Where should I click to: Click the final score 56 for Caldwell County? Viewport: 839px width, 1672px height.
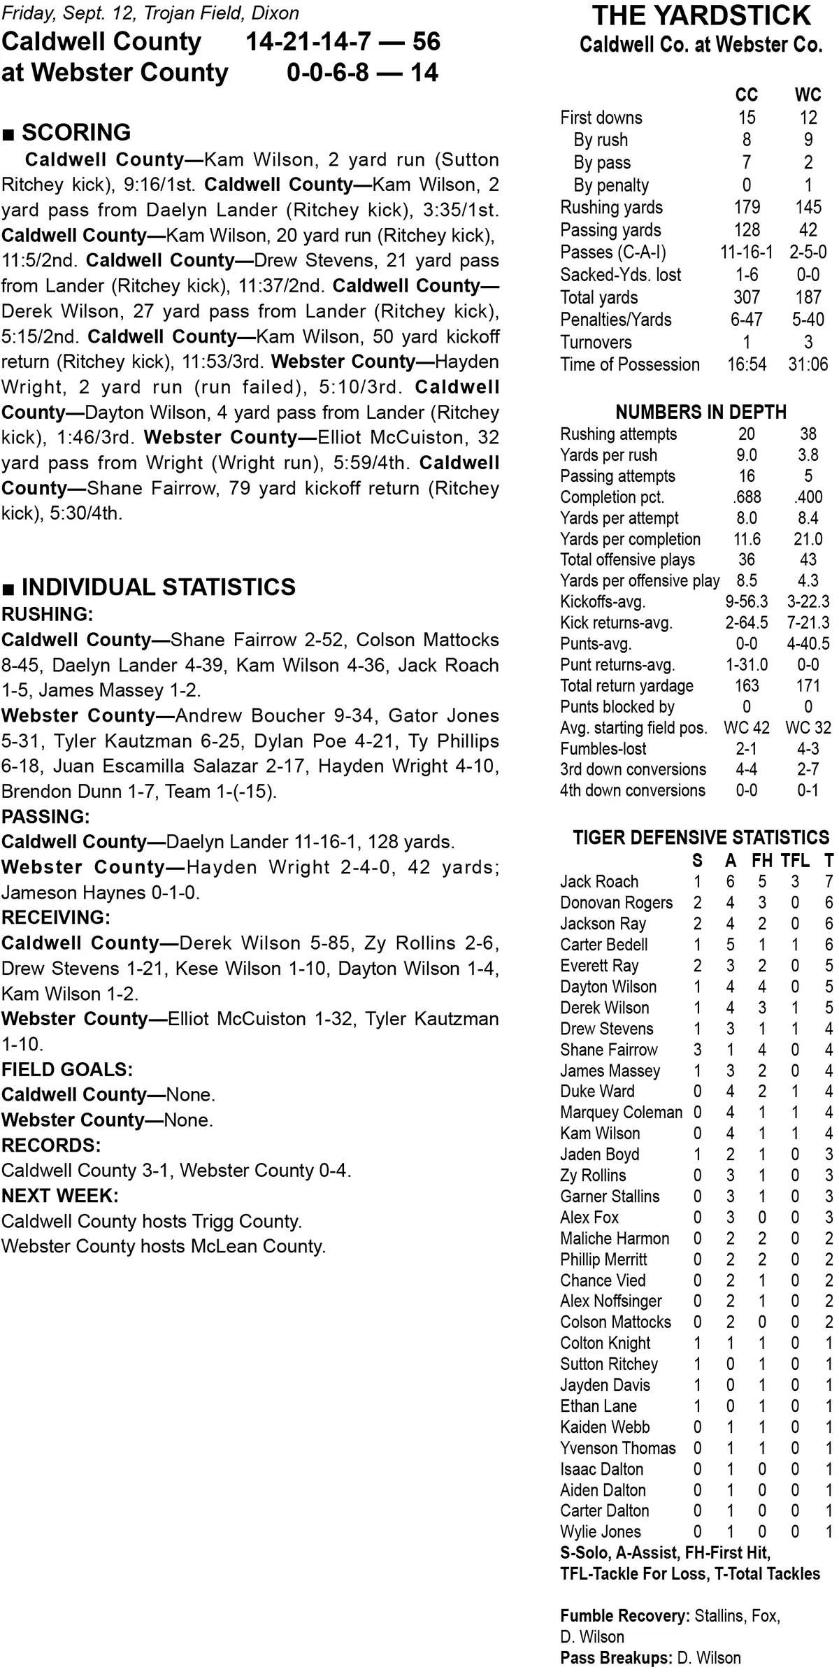(x=426, y=42)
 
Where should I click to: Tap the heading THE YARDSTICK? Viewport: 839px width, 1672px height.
(x=701, y=15)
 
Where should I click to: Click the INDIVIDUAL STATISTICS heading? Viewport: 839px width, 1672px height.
(x=158, y=587)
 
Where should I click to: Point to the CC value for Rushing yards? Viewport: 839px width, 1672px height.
(x=747, y=208)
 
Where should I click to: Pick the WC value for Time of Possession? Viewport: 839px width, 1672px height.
(x=808, y=364)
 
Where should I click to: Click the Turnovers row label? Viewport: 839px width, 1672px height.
(x=596, y=342)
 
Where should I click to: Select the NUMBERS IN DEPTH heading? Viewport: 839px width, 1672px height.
(x=701, y=412)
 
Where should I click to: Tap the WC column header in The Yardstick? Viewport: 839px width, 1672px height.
(x=808, y=95)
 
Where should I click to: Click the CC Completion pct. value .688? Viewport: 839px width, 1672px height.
(x=747, y=497)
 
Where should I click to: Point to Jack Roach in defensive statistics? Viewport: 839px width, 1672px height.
(x=599, y=882)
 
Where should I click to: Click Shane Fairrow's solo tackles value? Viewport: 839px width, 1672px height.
(x=697, y=1050)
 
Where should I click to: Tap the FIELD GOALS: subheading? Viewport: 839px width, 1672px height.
(x=67, y=1069)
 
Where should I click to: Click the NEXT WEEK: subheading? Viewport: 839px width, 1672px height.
(x=59, y=1195)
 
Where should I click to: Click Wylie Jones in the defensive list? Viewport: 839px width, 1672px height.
(x=600, y=1532)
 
